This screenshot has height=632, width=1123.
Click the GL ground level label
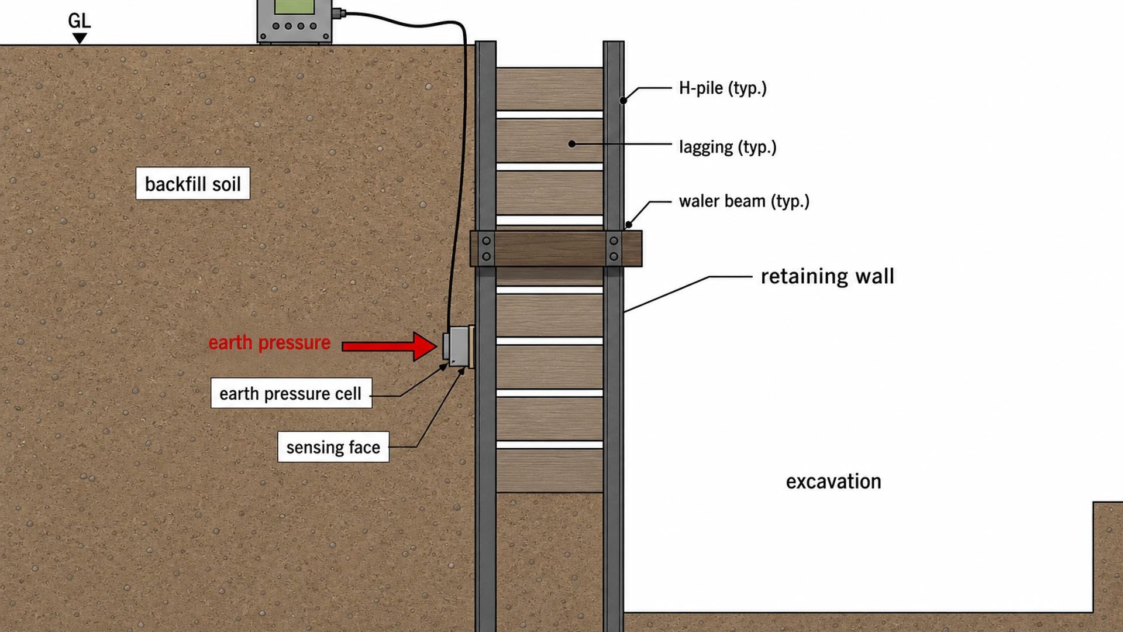coord(80,21)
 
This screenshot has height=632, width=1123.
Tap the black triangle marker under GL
coord(80,38)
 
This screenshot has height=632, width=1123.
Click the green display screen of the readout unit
coord(294,6)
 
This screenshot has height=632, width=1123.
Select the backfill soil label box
coord(193,184)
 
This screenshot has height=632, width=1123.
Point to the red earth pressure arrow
coord(390,346)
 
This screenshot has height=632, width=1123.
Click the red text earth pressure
coord(270,343)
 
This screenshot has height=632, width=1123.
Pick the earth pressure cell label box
coord(291,393)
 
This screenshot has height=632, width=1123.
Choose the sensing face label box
coord(333,447)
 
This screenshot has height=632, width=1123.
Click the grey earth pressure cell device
coord(457,346)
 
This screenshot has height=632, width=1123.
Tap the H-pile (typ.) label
coord(723,88)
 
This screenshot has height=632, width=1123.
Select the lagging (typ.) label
coord(728,147)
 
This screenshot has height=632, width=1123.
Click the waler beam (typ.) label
coord(744,201)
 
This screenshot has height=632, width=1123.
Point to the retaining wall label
coord(828,276)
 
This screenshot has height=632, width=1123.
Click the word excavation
coord(833,482)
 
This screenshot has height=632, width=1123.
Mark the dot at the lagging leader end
coord(572,144)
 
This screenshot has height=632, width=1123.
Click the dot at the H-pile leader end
coord(623,101)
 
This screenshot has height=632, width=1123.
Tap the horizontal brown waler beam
coord(556,249)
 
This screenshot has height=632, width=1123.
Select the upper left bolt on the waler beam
coord(486,241)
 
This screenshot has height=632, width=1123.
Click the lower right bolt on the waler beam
coord(614,256)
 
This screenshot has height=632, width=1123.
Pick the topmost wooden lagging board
coord(550,89)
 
